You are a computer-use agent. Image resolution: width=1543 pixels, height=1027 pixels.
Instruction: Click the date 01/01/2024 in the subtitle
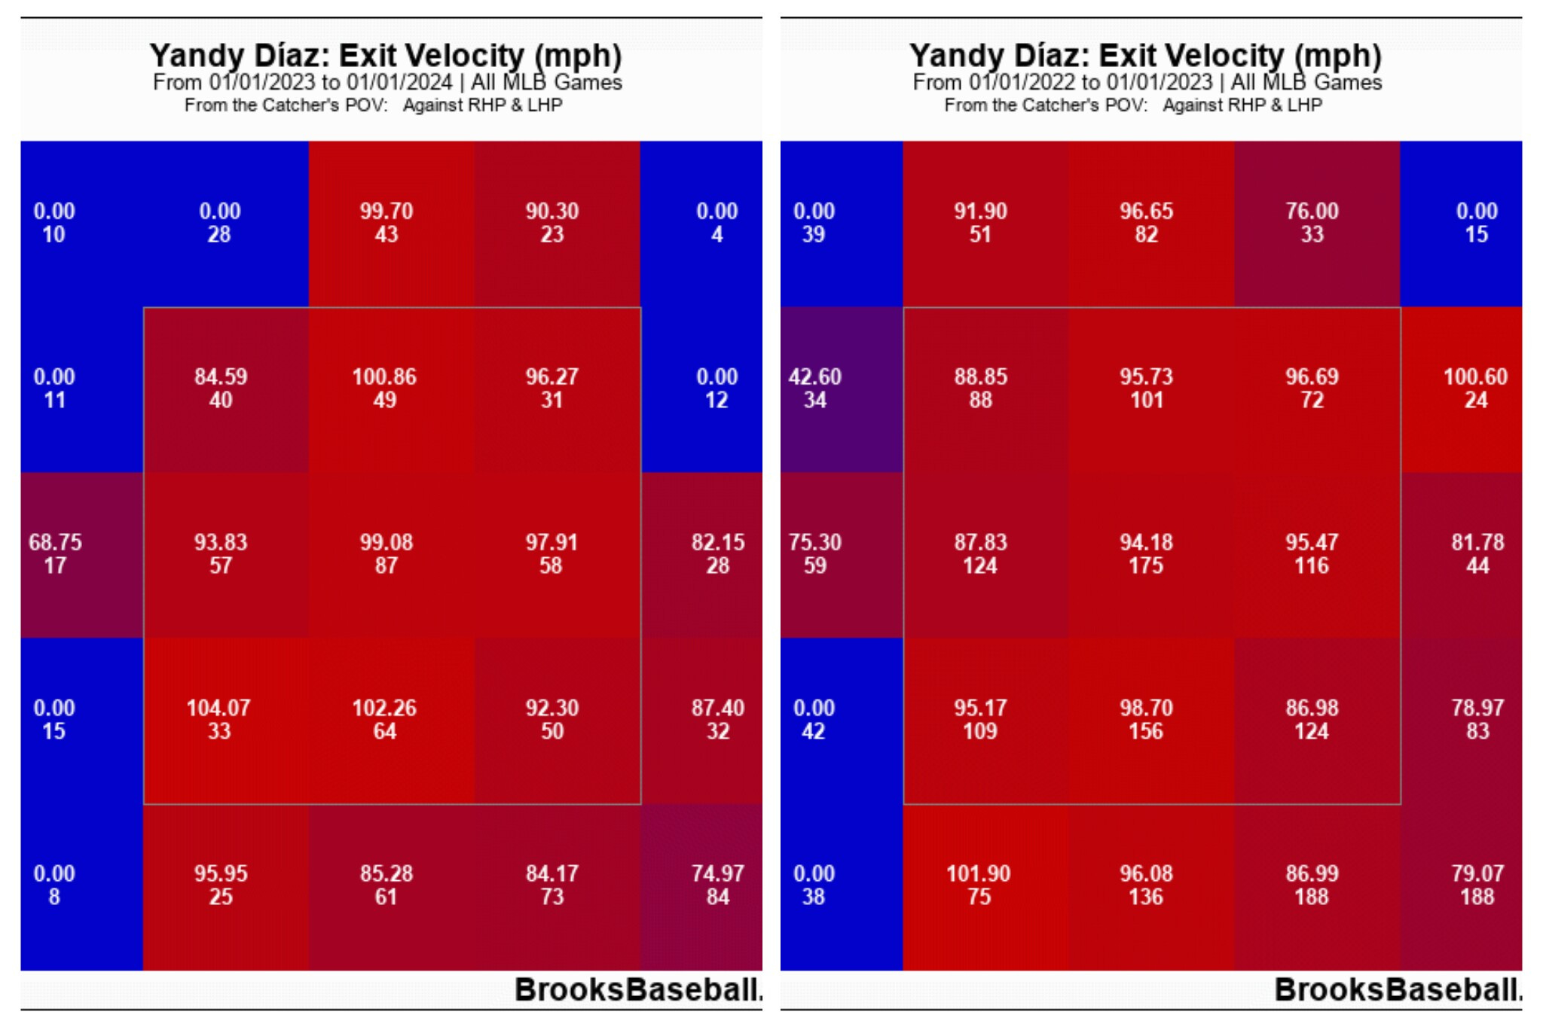(x=399, y=82)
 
